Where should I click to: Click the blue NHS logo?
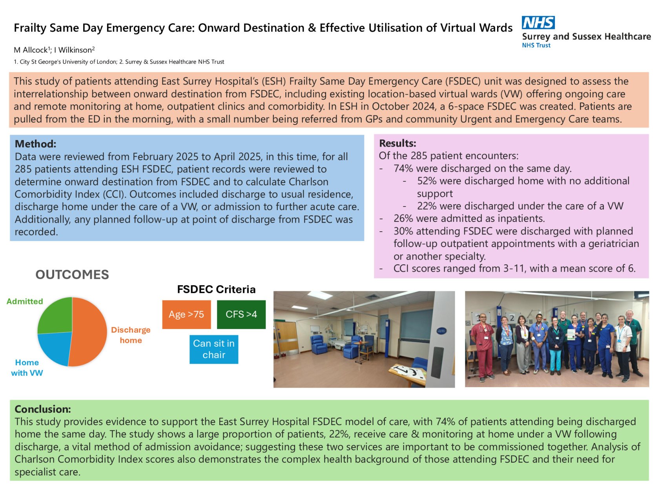click(538, 23)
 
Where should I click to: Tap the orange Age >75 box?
click(186, 314)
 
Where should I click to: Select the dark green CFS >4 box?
click(241, 314)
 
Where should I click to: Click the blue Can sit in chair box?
click(214, 349)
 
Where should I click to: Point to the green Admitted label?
click(25, 301)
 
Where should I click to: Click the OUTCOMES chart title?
click(72, 274)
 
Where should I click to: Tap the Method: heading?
click(35, 144)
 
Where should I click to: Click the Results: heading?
click(397, 143)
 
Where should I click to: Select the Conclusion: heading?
click(43, 409)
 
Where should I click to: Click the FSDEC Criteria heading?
click(216, 289)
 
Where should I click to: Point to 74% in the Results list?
click(403, 168)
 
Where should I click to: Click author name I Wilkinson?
click(74, 50)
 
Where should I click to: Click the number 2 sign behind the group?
click(512, 318)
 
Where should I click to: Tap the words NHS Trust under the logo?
click(536, 46)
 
